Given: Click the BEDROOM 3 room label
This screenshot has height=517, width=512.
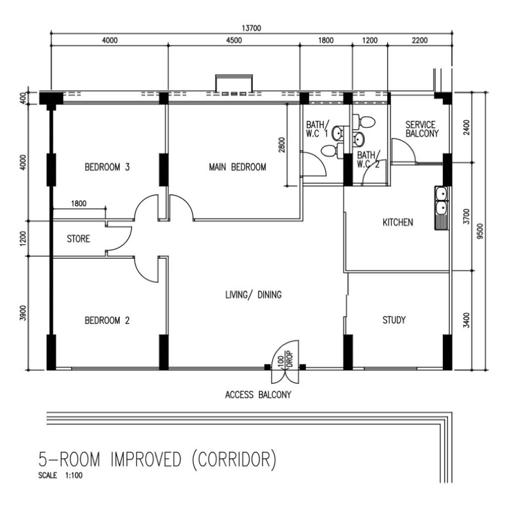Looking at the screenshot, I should [108, 168].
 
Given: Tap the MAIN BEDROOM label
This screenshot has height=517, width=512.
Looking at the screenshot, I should [237, 167].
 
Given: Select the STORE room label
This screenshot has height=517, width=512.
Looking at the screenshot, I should [79, 240].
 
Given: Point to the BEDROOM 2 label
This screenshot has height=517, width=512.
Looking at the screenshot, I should [107, 320].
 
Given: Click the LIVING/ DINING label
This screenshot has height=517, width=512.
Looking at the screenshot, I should [253, 295].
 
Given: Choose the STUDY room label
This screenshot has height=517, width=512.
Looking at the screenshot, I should [394, 320].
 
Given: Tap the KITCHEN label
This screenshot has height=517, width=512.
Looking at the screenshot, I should [397, 222].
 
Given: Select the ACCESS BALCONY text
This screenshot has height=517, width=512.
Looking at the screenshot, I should [258, 395].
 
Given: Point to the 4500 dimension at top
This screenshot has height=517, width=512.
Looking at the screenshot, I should [234, 40].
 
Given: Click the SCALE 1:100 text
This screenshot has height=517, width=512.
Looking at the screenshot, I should [61, 476].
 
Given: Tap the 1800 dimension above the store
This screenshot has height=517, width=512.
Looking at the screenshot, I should [79, 204].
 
